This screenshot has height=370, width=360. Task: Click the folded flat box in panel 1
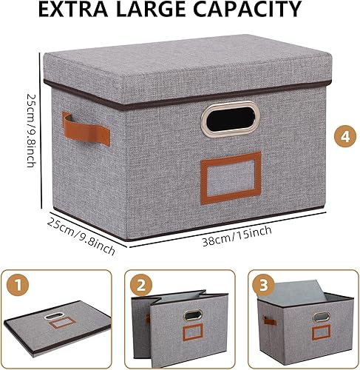[x=59, y=325]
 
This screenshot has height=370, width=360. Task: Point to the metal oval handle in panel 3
[x=321, y=317]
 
